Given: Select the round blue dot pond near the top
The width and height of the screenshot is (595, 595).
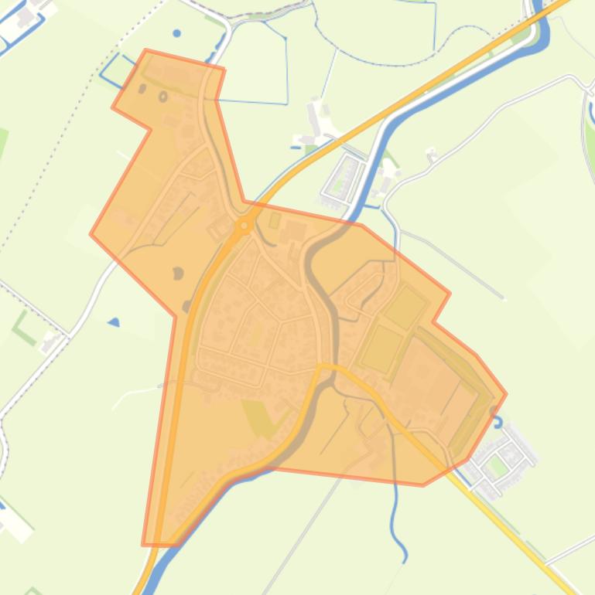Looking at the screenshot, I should (x=177, y=34).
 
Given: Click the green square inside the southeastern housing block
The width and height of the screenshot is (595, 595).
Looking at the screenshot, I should (x=498, y=466).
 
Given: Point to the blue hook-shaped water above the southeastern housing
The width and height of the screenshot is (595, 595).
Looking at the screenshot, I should (x=498, y=424).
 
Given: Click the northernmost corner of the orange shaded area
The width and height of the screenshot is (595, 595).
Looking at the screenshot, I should (x=146, y=51).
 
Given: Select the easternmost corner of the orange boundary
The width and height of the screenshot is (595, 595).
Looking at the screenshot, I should (x=506, y=393).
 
